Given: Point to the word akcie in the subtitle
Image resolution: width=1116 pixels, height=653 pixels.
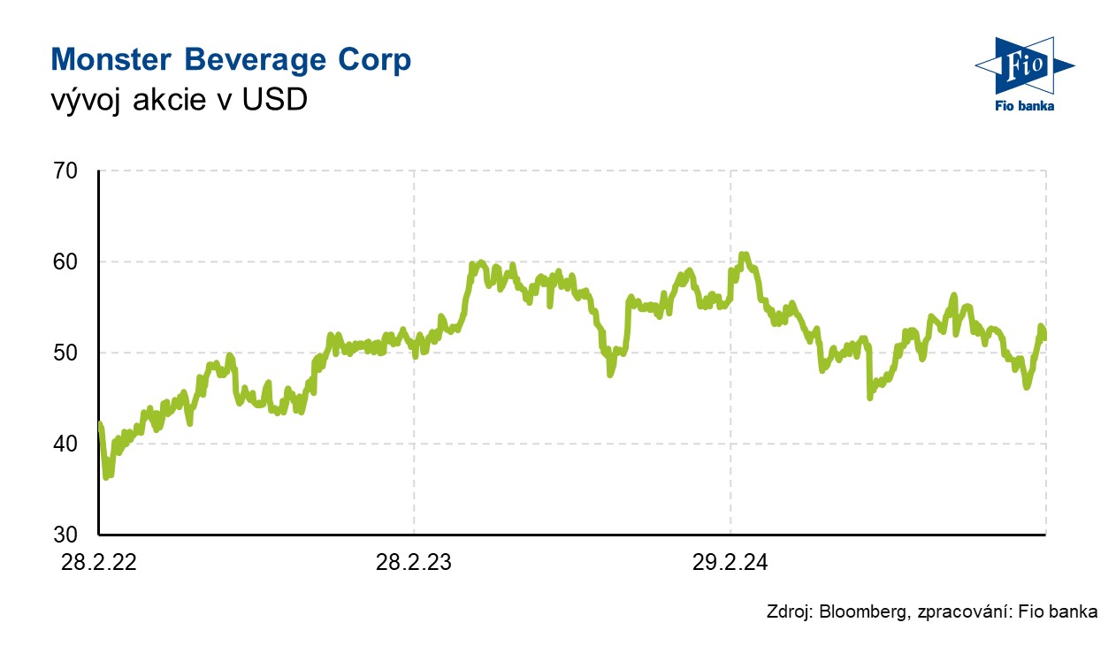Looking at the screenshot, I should [x=170, y=101].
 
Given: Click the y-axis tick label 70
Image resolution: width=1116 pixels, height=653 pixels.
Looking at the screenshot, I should [x=67, y=171].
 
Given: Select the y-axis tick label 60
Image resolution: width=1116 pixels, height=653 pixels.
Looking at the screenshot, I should [x=67, y=262].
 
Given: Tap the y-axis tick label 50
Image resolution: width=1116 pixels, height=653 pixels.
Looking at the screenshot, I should [x=67, y=353].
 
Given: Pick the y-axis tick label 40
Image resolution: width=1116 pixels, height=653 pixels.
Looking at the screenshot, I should [x=67, y=444].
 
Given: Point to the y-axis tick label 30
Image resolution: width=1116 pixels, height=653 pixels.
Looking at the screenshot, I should [x=67, y=535].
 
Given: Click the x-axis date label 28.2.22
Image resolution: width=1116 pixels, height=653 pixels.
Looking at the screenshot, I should [x=99, y=561].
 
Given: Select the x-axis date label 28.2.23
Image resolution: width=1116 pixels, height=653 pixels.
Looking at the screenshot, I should [x=414, y=561].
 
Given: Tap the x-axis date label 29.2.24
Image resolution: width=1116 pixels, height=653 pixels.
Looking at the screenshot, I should [x=730, y=561].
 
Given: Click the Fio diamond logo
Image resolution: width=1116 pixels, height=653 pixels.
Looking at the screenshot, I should [x=1024, y=66].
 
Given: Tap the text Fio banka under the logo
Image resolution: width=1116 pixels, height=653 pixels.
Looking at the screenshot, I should [x=1024, y=106].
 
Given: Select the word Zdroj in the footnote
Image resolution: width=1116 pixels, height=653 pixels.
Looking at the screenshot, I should [x=786, y=611].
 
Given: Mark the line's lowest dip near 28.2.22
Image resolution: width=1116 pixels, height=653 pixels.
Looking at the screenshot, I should [x=107, y=477].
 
